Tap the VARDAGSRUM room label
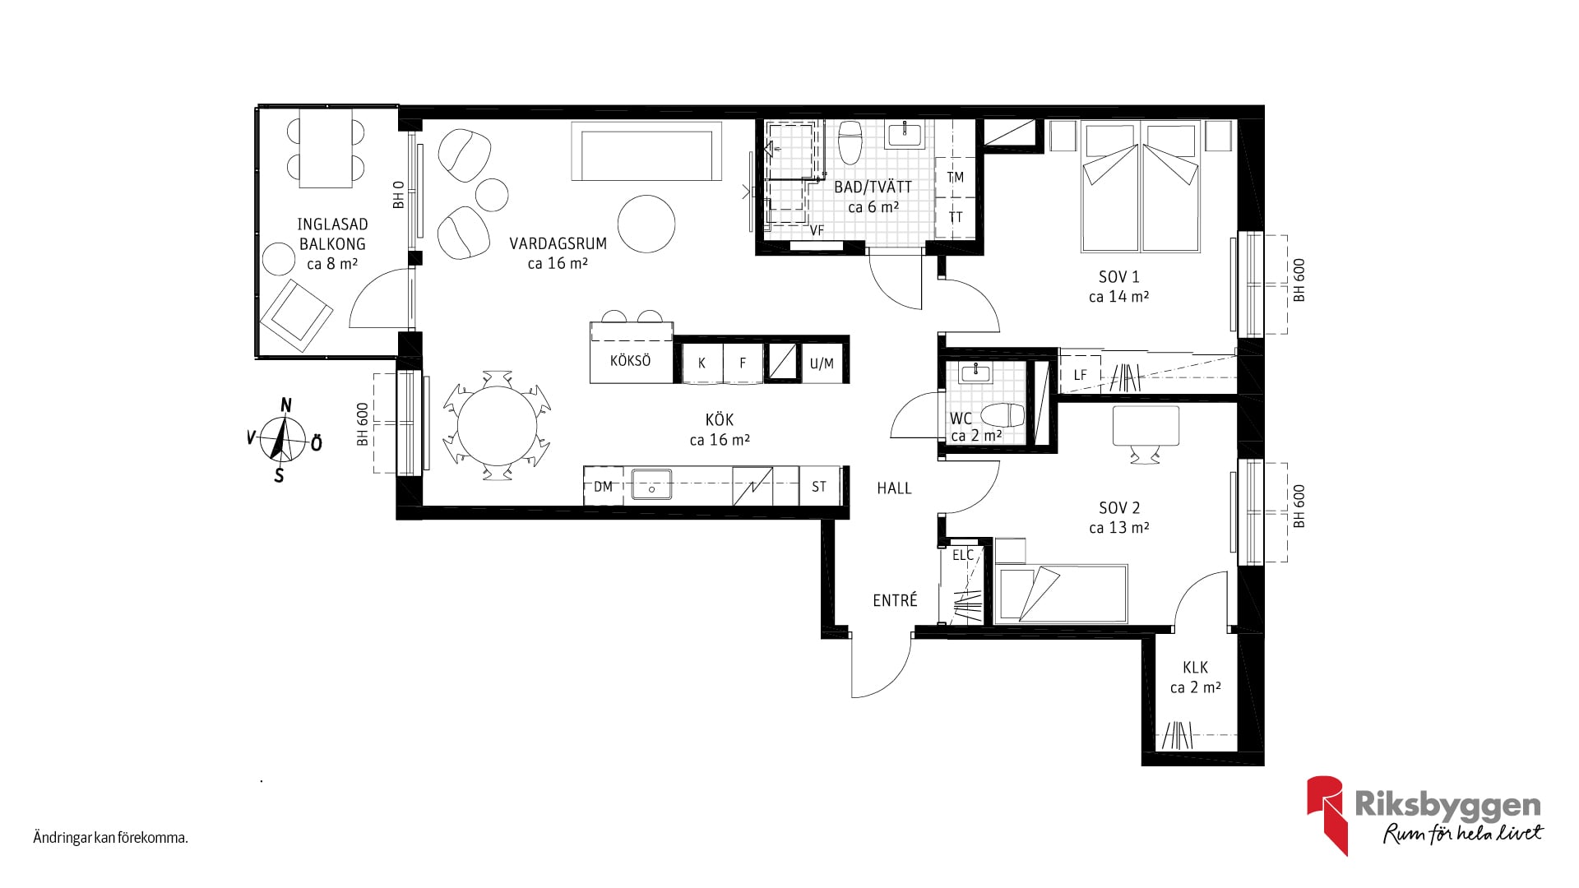[558, 243]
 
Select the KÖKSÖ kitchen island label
[630, 360]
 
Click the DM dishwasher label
[603, 486]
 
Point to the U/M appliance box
[822, 363]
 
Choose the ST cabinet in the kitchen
[819, 486]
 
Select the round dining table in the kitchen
[497, 426]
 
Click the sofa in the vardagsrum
[646, 151]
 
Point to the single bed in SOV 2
[1060, 593]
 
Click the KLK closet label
[1195, 668]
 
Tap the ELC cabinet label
[963, 555]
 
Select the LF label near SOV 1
[1080, 375]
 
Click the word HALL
[894, 488]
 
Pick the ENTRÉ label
[895, 600]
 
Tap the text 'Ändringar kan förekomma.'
[111, 839]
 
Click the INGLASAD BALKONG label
[332, 234]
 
